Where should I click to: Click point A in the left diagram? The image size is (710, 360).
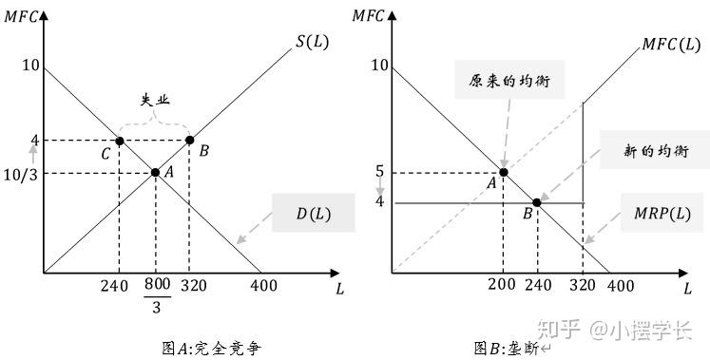[x=155, y=172]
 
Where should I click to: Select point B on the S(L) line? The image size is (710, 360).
[x=190, y=141]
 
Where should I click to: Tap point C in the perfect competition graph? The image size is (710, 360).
[x=120, y=142]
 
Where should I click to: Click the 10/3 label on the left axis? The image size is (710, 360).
[x=20, y=174]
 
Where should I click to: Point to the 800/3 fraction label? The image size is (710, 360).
[x=157, y=295]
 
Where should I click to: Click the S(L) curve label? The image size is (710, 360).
[x=313, y=42]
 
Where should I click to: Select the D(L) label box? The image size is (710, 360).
[x=314, y=213]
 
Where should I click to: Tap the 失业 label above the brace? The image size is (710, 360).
[x=155, y=100]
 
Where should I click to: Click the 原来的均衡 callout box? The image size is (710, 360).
[x=509, y=80]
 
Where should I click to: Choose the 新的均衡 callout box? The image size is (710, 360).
[x=655, y=150]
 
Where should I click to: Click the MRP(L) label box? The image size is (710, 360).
[x=662, y=213]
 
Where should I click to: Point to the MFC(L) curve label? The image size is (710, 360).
[x=671, y=45]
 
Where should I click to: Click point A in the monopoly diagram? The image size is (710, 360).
[x=503, y=172]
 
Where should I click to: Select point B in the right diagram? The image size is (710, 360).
[x=537, y=202]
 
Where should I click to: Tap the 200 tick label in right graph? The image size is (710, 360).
[x=502, y=284]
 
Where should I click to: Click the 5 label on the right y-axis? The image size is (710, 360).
[x=379, y=171]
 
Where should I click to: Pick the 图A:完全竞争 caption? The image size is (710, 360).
[x=211, y=349]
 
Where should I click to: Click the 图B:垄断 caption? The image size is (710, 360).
[x=511, y=349]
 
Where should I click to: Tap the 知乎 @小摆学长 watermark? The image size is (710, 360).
[x=614, y=330]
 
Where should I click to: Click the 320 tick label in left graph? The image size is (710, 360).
[x=193, y=285]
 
